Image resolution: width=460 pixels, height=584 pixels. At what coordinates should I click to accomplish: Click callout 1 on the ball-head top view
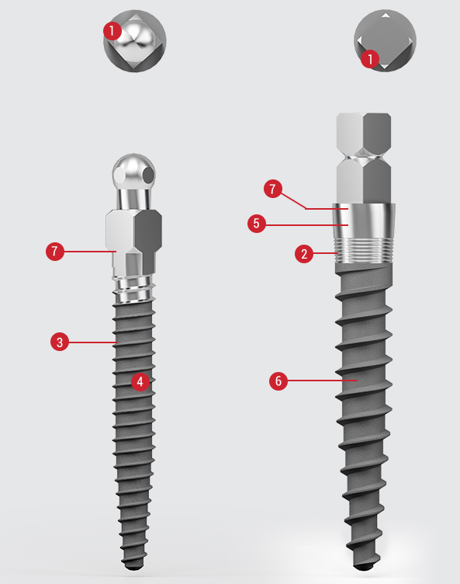coord(112,31)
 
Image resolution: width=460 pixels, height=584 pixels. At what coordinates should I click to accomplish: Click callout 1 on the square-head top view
coord(370,59)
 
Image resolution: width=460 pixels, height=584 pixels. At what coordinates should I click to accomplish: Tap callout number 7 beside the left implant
coord(55,251)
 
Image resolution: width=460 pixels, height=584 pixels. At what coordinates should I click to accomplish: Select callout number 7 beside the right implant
coord(273,189)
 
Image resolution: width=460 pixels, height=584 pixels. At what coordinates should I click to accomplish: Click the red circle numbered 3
coord(60,342)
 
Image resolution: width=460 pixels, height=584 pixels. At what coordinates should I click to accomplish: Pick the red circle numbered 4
coord(140,381)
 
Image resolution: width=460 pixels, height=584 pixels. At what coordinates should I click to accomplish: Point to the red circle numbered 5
coord(257,224)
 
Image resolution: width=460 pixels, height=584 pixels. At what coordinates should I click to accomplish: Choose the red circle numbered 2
coord(304,254)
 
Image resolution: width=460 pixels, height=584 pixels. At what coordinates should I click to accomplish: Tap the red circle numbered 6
coord(278,381)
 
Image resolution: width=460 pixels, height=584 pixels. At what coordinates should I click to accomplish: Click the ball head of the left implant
coord(134,172)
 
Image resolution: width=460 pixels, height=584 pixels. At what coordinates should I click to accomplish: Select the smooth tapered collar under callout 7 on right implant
coord(364,221)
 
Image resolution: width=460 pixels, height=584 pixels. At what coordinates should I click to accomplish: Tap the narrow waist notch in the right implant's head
coord(364,155)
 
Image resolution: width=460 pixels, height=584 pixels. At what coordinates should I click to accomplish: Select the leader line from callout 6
coord(322,381)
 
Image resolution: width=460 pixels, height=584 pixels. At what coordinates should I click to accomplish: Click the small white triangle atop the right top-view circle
coord(386,16)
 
